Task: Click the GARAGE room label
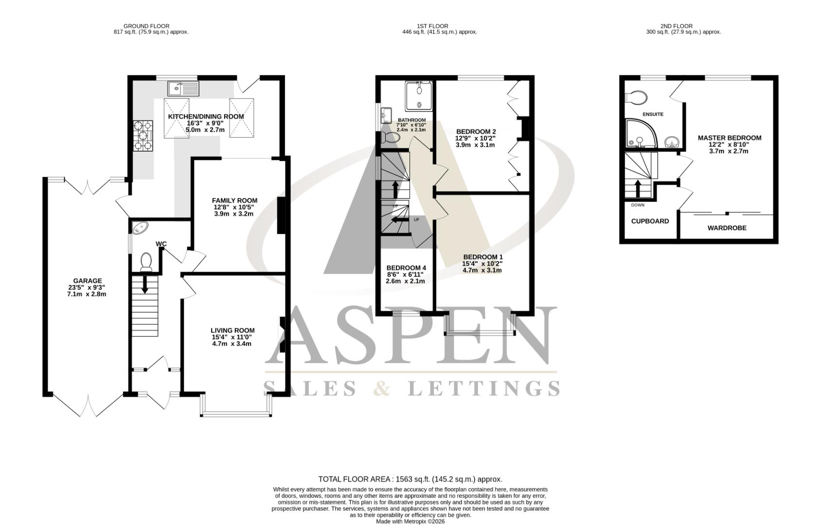(x=88, y=280)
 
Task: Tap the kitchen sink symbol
(x=183, y=88)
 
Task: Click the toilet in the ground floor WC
(x=146, y=262)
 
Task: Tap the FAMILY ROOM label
(x=234, y=200)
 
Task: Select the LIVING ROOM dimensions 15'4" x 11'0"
(x=232, y=337)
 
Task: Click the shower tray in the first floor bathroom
(x=419, y=94)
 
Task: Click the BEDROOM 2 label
(x=476, y=131)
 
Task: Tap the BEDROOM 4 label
(x=406, y=267)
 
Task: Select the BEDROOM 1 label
(x=482, y=257)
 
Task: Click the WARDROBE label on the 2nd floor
(x=727, y=227)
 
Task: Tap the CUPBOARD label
(x=650, y=221)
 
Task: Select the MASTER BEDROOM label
(x=729, y=138)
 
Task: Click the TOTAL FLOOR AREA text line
(x=410, y=479)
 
